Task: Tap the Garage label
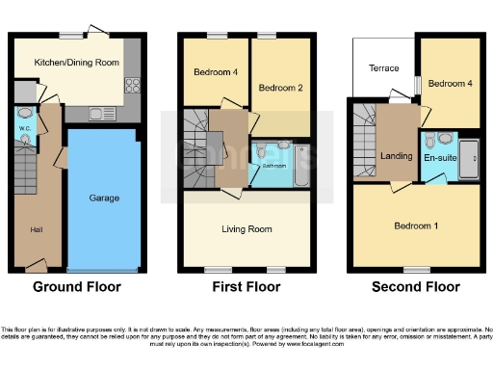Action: pyautogui.click(x=104, y=198)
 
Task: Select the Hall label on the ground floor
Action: pyautogui.click(x=37, y=229)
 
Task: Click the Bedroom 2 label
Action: pyautogui.click(x=279, y=89)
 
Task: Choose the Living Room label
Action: pyautogui.click(x=246, y=229)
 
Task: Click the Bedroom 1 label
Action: pyautogui.click(x=416, y=225)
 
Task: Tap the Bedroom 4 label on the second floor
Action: pyautogui.click(x=448, y=84)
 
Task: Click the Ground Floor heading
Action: pyautogui.click(x=76, y=287)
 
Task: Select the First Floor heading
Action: pyautogui.click(x=246, y=287)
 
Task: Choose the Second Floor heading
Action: pyautogui.click(x=416, y=287)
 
